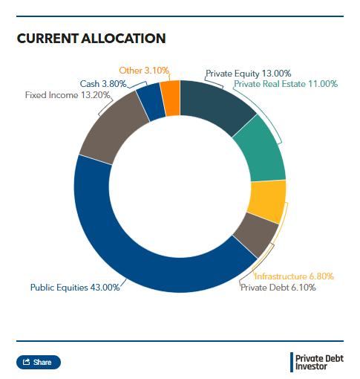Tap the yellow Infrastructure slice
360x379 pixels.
[267, 201]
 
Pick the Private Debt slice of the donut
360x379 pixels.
[257, 234]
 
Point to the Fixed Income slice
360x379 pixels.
[114, 126]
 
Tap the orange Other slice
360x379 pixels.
[171, 98]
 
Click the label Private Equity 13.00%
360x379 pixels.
[249, 74]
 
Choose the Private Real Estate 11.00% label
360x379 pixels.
[286, 84]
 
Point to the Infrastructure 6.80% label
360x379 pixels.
[294, 276]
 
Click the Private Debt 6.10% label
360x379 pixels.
[278, 288]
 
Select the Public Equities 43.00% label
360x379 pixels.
[75, 288]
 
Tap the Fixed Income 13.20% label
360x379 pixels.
[68, 95]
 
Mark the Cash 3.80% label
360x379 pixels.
[103, 84]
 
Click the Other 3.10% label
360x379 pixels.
[144, 71]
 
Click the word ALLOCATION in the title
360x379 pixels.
[123, 39]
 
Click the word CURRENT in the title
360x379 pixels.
[48, 39]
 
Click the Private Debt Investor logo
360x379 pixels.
[317, 363]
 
